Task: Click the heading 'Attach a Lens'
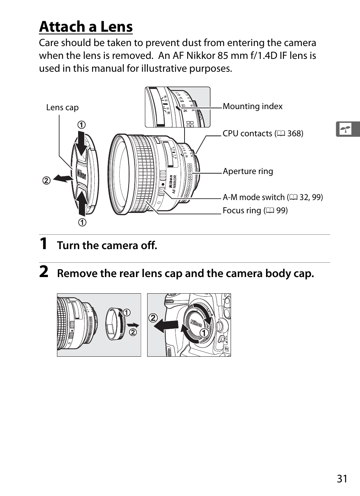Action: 86,27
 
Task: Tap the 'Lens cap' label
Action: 62,108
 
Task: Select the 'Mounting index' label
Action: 252,106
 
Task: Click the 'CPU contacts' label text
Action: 247,134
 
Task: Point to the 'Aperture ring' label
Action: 248,171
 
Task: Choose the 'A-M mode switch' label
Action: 254,197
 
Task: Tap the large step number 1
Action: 44,244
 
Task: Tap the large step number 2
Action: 44,272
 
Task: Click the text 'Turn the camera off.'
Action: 107,246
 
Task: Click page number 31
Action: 342,479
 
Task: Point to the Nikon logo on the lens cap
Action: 82,175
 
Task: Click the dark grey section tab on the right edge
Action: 348,129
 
